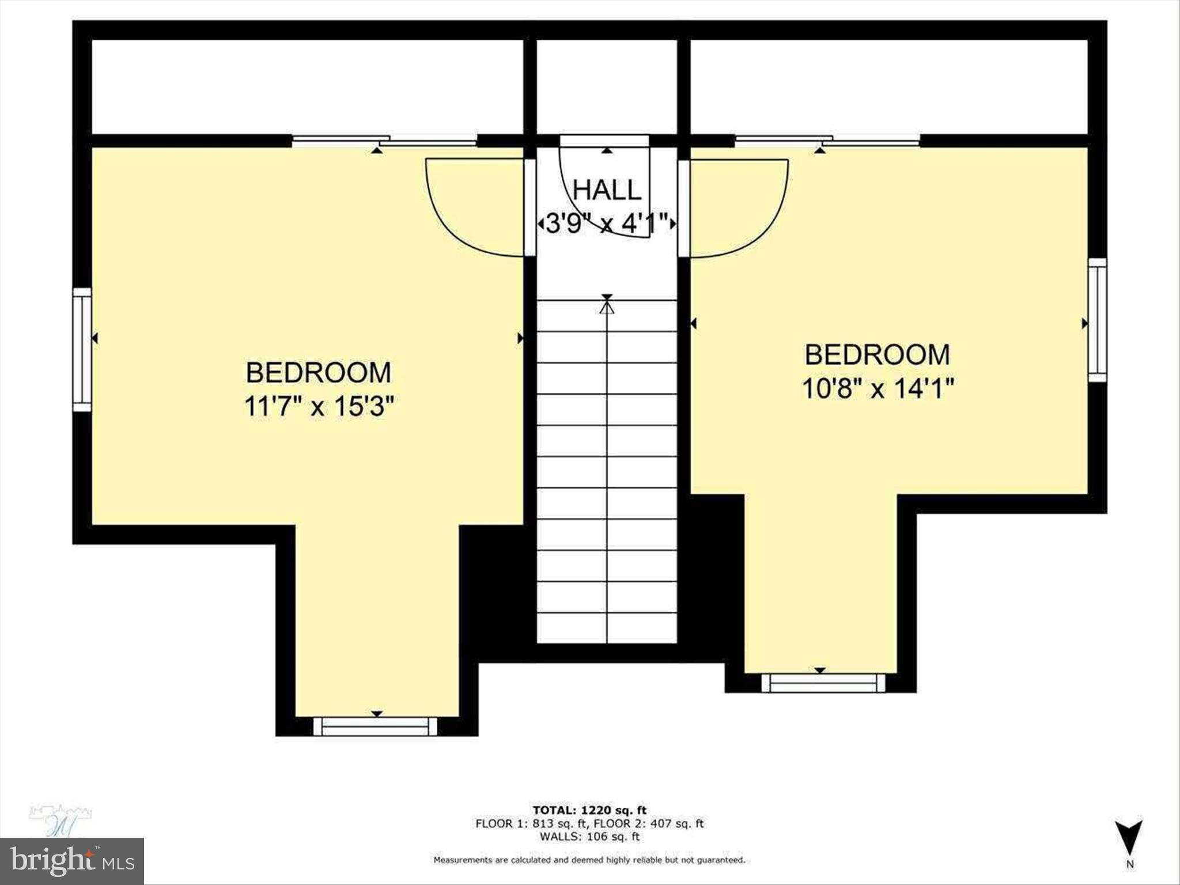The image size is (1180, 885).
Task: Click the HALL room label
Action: pos(606,190)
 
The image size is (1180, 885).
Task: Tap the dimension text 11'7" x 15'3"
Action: pos(319,407)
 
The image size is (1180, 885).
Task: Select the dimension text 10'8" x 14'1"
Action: pos(878,388)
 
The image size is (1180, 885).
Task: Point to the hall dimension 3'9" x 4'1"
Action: pos(606,224)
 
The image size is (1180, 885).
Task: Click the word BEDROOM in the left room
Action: pos(319,373)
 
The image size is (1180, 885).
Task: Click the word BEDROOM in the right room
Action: pos(878,354)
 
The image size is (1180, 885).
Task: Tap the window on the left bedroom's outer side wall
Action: pos(82,349)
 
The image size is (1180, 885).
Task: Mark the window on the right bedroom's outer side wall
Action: pos(1097,320)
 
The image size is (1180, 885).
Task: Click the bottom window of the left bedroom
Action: pos(375,726)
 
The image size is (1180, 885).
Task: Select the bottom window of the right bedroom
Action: pos(823,683)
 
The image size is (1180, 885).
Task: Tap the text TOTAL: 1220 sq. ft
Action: pos(589,811)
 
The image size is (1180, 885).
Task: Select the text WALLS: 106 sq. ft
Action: pos(589,837)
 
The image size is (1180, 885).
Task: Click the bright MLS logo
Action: pos(72,861)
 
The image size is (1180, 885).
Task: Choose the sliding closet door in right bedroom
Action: pos(827,139)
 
